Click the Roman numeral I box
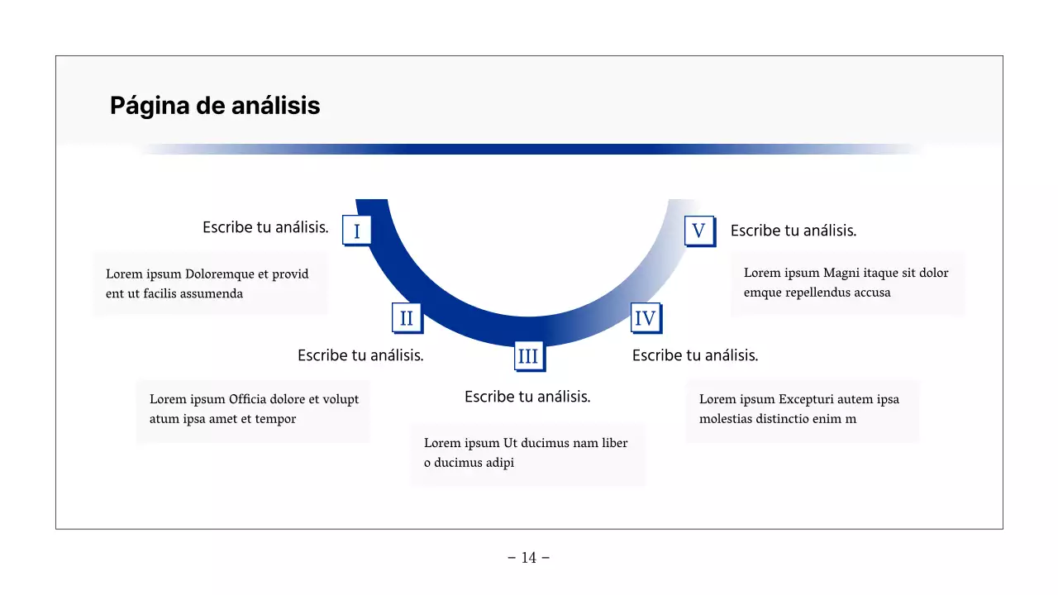tap(356, 231)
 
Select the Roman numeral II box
tap(406, 318)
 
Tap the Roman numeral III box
tap(527, 356)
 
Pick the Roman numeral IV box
tap(645, 318)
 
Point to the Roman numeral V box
tap(698, 231)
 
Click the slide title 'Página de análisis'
tap(215, 106)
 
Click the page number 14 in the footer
tap(529, 558)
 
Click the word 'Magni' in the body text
tap(841, 273)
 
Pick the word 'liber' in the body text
tap(614, 443)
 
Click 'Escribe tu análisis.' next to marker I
tap(265, 227)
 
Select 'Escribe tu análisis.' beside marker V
tap(793, 231)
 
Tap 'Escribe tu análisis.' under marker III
tap(527, 397)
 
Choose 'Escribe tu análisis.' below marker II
tap(360, 355)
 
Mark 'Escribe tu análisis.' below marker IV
tap(695, 355)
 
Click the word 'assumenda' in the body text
tap(211, 293)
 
